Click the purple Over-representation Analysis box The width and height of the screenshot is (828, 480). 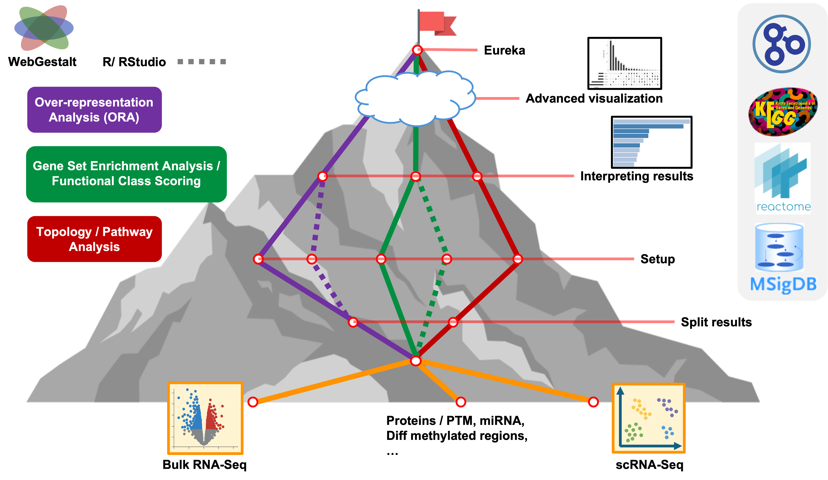tap(94, 110)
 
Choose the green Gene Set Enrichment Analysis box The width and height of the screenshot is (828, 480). tap(126, 174)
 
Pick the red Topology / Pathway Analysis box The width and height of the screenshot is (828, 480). tap(94, 239)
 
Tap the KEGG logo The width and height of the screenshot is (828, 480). tap(783, 112)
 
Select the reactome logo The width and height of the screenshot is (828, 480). tap(783, 178)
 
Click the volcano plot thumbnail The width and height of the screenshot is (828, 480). tap(205, 418)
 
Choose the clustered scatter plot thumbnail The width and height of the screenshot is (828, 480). tap(648, 418)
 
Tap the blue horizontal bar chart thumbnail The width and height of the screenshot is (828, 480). tap(651, 142)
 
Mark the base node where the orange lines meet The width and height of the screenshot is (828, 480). tap(416, 361)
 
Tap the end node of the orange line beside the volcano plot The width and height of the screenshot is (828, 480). tap(253, 402)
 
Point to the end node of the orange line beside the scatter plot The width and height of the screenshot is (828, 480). tap(593, 402)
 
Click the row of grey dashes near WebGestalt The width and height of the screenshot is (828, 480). tap(202, 62)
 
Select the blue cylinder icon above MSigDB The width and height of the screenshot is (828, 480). tap(779, 247)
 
